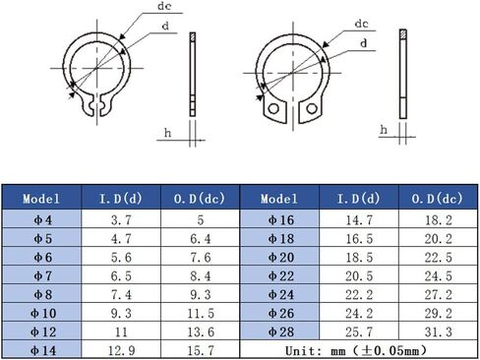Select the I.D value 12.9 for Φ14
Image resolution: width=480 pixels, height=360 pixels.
pyautogui.click(x=119, y=348)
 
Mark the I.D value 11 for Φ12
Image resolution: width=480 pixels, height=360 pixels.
pyautogui.click(x=119, y=331)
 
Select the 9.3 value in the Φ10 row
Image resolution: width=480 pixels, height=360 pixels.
pyautogui.click(x=119, y=313)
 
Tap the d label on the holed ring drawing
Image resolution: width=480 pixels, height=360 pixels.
pyautogui.click(x=365, y=43)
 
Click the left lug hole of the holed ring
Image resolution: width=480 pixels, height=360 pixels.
pyautogui.click(x=269, y=113)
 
